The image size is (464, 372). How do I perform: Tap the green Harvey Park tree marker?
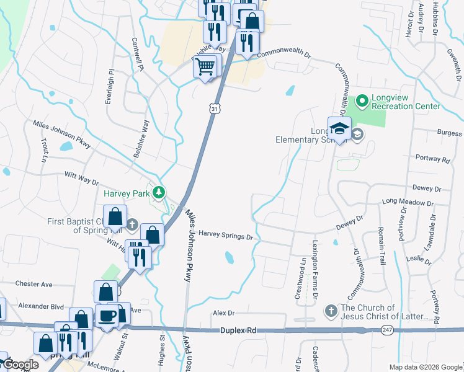click(x=159, y=193)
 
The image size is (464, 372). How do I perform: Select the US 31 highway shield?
click(x=214, y=109)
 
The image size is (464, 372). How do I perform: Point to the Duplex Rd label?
click(x=238, y=331)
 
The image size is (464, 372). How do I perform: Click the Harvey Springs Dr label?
click(x=226, y=236)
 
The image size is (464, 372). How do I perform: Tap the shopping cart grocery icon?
click(x=206, y=66)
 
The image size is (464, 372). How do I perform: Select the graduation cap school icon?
click(x=339, y=129)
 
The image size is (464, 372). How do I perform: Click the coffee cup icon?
click(x=108, y=316)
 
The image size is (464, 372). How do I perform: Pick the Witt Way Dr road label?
click(x=82, y=178)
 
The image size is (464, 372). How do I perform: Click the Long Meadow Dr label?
click(x=408, y=202)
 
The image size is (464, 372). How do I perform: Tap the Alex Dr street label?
click(x=224, y=314)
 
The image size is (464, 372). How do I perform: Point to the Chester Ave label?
click(x=33, y=284)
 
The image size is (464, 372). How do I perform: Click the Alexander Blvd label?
click(x=41, y=306)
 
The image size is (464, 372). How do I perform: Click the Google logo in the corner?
click(x=20, y=365)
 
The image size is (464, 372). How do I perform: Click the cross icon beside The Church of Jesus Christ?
click(x=331, y=309)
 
